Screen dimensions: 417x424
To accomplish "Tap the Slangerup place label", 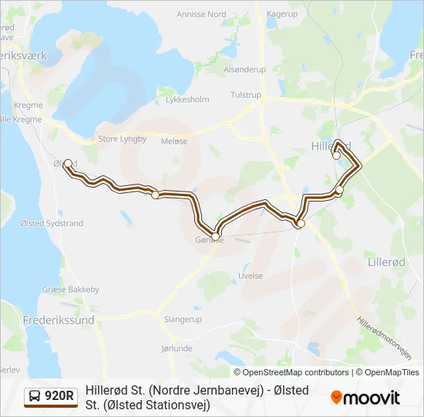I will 183,318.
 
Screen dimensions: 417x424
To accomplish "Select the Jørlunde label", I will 177,348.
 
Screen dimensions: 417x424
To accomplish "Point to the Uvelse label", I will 251,276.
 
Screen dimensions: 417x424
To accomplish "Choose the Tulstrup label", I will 246,95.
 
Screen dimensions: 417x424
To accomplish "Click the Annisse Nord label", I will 201,14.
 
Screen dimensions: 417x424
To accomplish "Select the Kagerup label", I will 281,14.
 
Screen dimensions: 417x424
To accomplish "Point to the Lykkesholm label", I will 187,100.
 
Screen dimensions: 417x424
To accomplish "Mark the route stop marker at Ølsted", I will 68,163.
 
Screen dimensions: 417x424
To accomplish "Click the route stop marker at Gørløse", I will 216,234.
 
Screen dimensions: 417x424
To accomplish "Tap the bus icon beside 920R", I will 35,397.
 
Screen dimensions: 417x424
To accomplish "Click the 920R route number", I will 59,397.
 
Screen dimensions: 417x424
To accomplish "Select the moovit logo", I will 365,398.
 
